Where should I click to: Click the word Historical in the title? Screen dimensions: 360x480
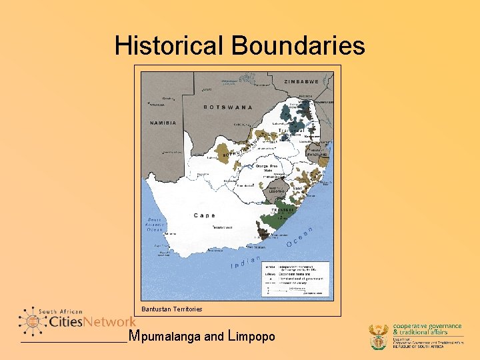pos(170,45)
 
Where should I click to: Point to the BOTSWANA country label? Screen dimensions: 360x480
pos(229,107)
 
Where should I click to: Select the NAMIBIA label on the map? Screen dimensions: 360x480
pos(163,123)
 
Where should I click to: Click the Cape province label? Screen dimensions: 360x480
pos(205,215)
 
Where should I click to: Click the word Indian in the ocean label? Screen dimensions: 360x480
pos(245,262)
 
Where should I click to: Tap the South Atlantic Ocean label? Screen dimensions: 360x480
pos(156,225)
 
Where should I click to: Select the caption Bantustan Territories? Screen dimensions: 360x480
pos(172,309)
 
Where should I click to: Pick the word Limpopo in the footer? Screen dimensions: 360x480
pos(251,337)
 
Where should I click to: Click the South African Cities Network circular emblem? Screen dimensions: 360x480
pos(32,321)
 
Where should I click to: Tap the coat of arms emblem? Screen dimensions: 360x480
pos(379,337)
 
